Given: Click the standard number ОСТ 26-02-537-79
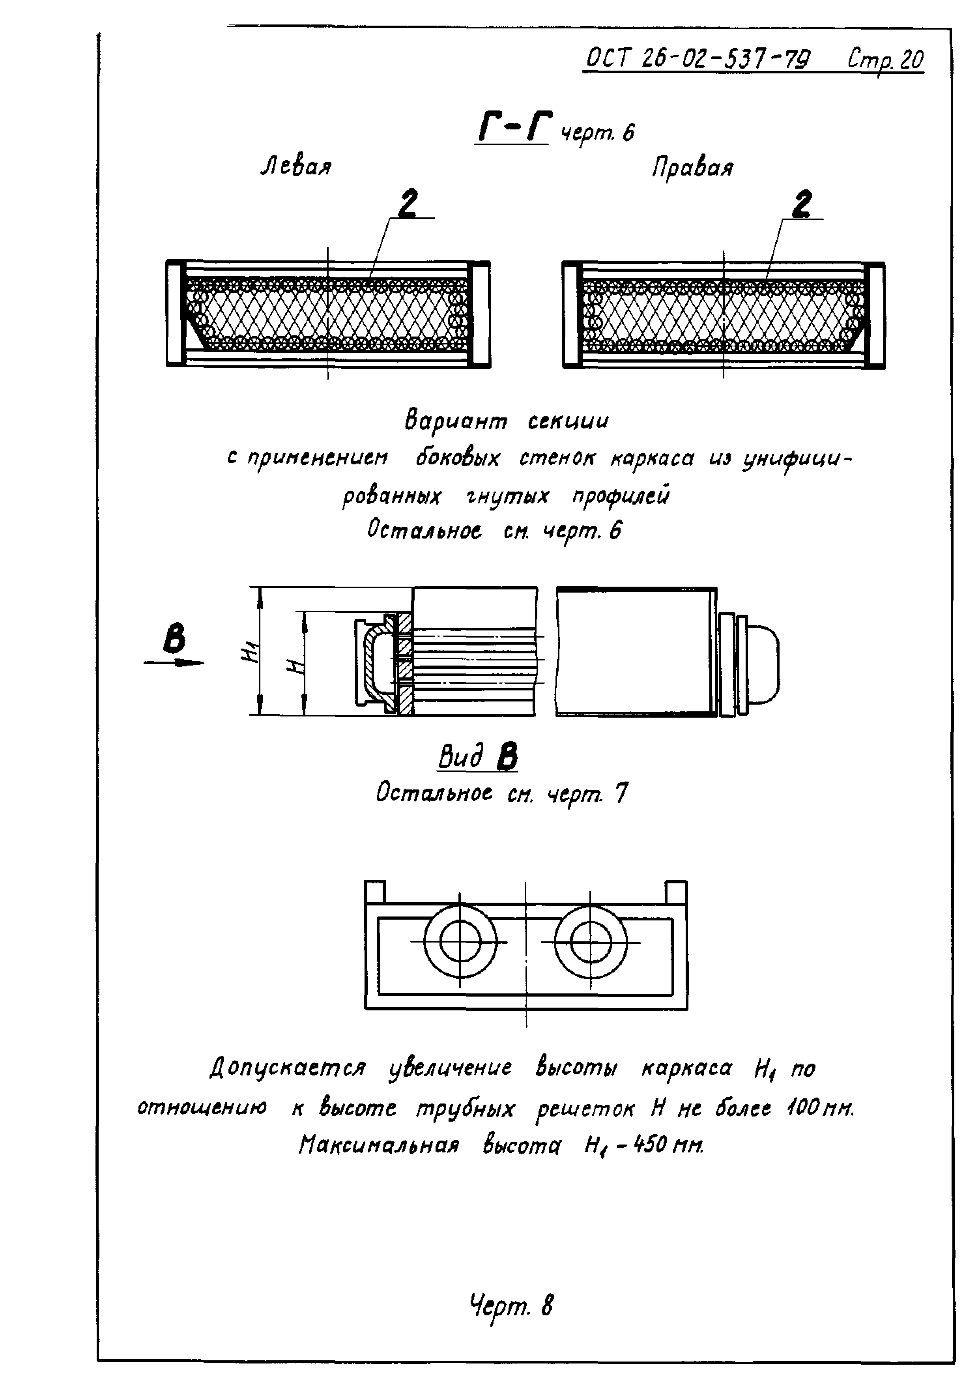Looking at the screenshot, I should [x=698, y=59].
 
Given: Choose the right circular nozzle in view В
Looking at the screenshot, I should [x=591, y=942].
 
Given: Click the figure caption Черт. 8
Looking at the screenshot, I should [x=511, y=1305].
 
